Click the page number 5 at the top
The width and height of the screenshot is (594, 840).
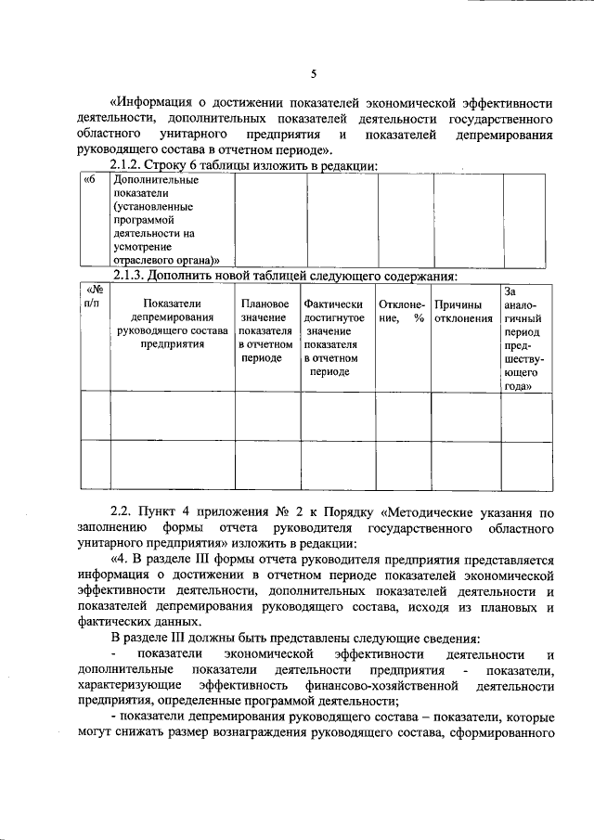pos(314,74)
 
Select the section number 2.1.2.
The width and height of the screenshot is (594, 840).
pos(130,164)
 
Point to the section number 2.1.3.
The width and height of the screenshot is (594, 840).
pos(130,276)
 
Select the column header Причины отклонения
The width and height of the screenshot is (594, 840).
pos(463,311)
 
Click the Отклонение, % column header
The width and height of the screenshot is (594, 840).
pos(401,311)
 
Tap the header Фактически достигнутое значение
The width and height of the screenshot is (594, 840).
pos(334,337)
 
